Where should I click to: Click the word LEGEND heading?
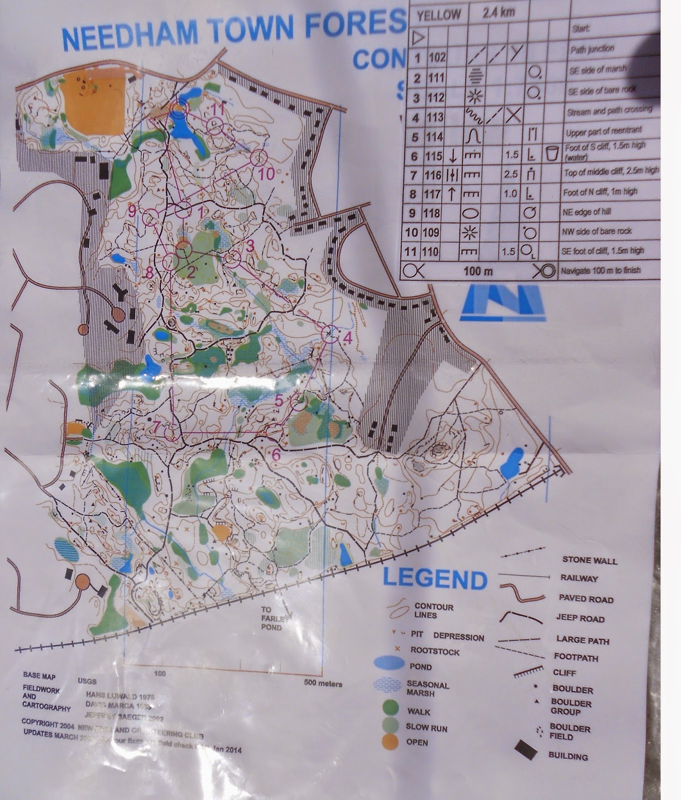(434, 579)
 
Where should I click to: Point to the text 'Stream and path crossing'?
(609, 110)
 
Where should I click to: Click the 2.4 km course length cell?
(498, 12)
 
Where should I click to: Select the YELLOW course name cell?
(438, 15)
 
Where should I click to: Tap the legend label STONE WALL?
(589, 560)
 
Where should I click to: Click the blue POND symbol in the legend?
(389, 662)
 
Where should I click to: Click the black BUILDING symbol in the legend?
(526, 750)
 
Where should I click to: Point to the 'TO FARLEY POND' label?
(271, 618)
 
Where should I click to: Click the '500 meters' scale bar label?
(323, 683)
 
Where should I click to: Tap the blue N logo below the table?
(502, 302)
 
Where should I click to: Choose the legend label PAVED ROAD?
(585, 598)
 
